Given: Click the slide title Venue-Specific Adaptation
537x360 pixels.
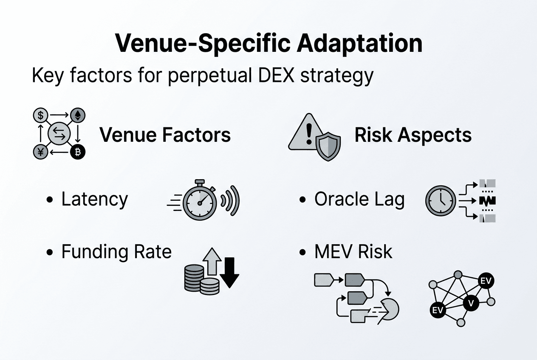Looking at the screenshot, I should click(268, 43).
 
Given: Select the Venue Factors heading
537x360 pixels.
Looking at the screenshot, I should click(165, 135).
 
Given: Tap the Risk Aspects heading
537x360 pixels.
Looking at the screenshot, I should click(413, 135).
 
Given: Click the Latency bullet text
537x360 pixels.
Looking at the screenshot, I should click(94, 199).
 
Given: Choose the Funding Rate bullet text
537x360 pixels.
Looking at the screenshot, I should click(116, 251).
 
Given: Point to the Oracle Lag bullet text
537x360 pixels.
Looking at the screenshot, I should click(359, 199).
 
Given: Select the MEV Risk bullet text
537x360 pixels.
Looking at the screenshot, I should click(353, 251).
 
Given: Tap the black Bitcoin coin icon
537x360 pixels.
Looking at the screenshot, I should click(77, 152).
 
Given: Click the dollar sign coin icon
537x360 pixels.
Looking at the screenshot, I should click(40, 115).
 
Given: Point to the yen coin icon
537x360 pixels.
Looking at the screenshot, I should click(40, 152).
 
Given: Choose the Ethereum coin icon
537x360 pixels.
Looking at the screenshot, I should click(77, 115).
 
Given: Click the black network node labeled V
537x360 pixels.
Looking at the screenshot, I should click(470, 303).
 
